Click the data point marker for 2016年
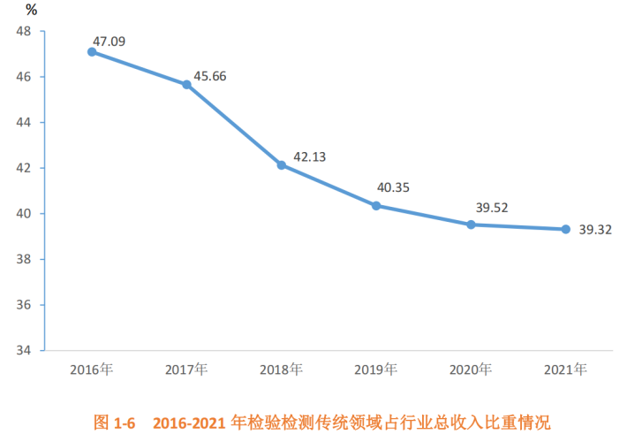tap(92, 52)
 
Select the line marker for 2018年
tap(282, 165)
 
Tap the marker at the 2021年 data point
tap(566, 229)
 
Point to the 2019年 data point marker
tap(376, 205)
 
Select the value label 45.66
tap(209, 76)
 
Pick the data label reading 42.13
tap(310, 156)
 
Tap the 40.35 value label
tap(393, 187)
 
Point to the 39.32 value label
tap(596, 230)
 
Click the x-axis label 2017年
tap(186, 369)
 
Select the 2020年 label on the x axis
tap(471, 369)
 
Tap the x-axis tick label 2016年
tap(92, 369)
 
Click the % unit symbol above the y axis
tap(32, 11)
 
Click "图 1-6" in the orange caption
tap(114, 422)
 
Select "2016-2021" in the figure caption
tap(187, 422)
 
